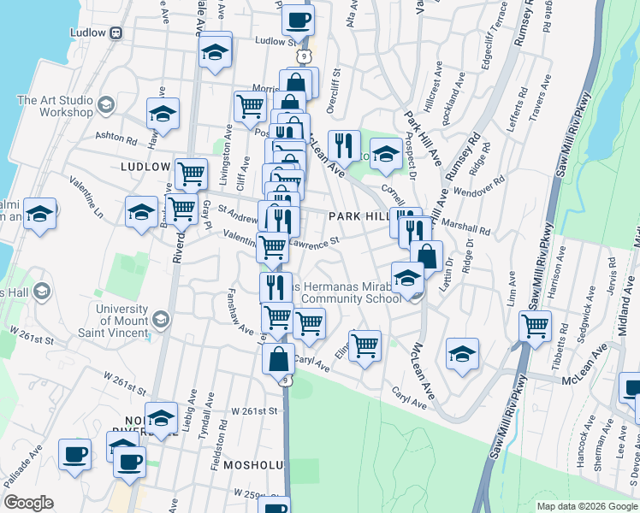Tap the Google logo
click(x=28, y=503)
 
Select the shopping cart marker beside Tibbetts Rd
click(x=535, y=326)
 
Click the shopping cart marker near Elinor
click(x=364, y=345)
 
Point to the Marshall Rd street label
click(x=469, y=230)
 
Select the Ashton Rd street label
click(x=116, y=137)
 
